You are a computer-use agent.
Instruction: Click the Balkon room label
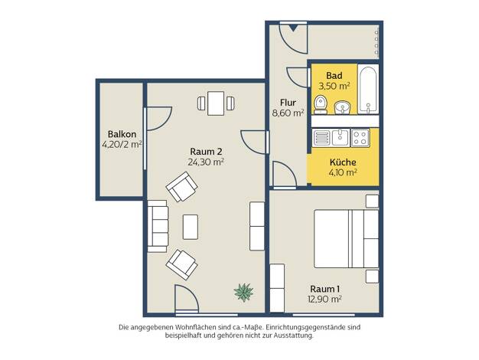click(x=122, y=134)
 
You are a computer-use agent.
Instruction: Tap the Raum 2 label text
click(x=206, y=152)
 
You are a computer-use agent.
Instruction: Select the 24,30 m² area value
click(x=206, y=162)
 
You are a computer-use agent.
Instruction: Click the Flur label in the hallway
click(x=288, y=103)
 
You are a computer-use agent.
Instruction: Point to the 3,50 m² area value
click(x=334, y=86)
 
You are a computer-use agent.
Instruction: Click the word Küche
click(x=343, y=162)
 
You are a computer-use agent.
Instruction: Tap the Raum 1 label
click(x=324, y=289)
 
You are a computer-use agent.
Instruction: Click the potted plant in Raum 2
click(x=243, y=292)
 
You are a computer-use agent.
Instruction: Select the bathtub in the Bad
click(x=368, y=90)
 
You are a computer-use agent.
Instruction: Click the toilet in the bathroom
click(x=321, y=105)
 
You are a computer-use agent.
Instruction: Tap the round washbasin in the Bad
click(x=342, y=108)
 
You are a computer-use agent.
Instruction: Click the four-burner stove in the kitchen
click(x=360, y=138)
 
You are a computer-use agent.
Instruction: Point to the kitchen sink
click(x=341, y=137)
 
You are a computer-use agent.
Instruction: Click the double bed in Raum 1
click(x=347, y=238)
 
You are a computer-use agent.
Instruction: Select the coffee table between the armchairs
click(x=191, y=227)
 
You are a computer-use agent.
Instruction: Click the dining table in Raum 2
click(x=216, y=103)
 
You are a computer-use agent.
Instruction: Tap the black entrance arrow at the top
click(x=293, y=28)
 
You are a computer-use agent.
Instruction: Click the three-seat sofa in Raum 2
click(x=158, y=226)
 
